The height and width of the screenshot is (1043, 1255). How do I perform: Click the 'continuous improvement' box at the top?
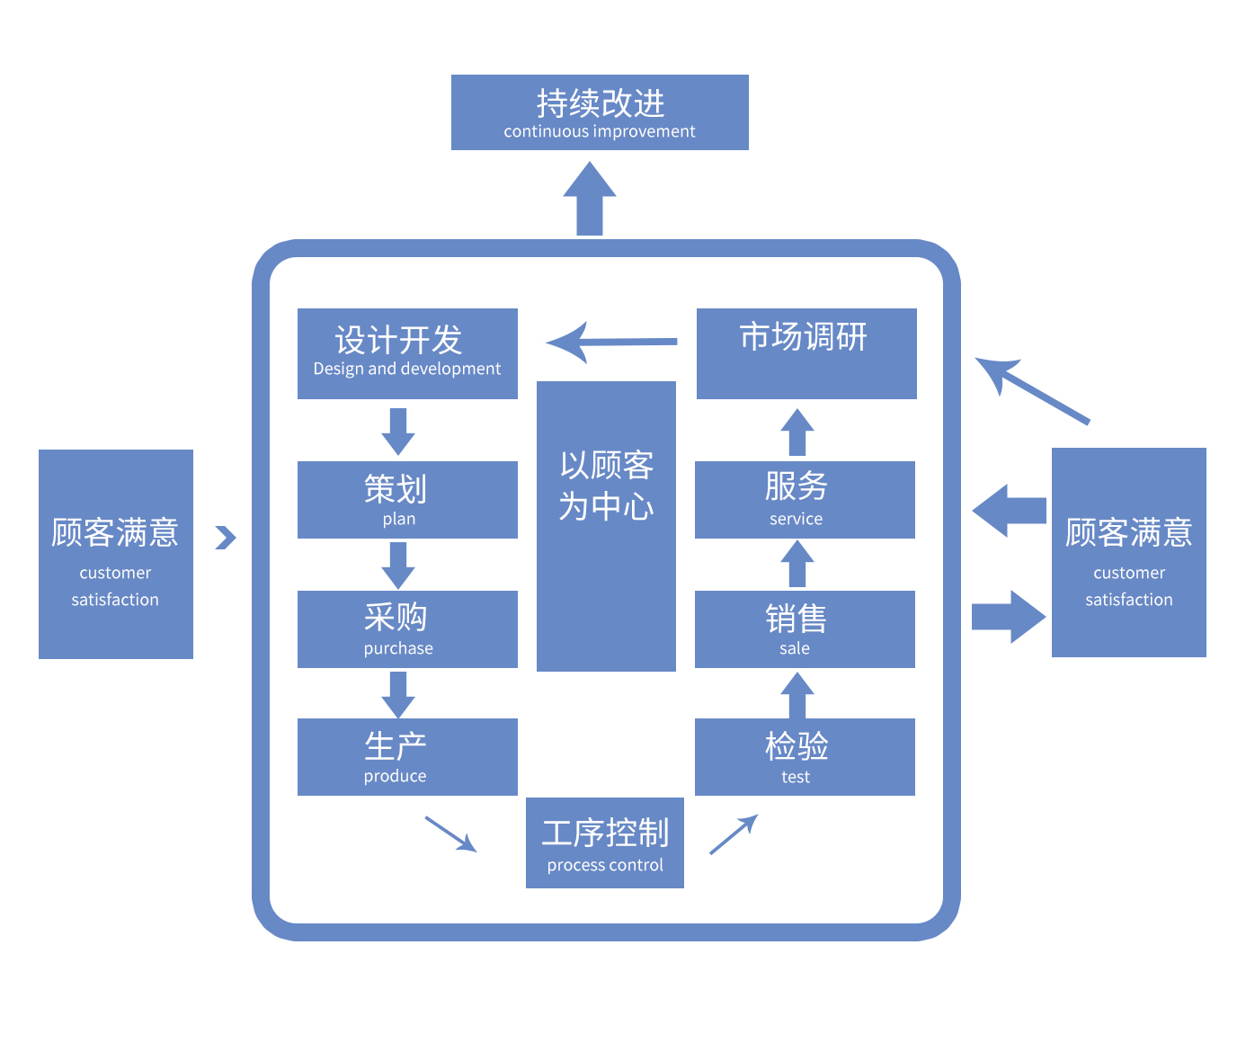[600, 112]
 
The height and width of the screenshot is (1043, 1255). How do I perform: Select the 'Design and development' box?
[407, 353]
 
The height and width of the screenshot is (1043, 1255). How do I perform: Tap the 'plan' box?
[407, 500]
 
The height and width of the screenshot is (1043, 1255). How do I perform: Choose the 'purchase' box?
[407, 629]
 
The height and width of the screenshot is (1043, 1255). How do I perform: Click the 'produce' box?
[407, 757]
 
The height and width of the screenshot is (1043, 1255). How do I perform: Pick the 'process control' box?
[605, 842]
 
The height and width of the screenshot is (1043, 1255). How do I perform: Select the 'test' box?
[805, 757]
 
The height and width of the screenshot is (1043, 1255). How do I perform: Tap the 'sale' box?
[805, 629]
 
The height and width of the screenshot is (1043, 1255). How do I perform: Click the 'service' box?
[805, 500]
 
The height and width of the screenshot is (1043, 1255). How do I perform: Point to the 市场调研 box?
[806, 353]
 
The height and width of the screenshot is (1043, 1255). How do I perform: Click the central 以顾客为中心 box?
[606, 526]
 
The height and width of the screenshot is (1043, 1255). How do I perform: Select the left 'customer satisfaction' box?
[116, 554]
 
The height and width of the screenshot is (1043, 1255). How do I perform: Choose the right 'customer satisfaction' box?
[1129, 552]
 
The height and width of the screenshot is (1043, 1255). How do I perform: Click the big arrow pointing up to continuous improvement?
[590, 201]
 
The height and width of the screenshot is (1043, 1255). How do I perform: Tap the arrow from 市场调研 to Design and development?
[611, 343]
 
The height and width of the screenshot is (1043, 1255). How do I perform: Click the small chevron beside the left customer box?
[226, 538]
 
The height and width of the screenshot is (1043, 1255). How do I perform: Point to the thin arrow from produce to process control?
[450, 834]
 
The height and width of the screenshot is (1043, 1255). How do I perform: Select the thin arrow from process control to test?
[734, 834]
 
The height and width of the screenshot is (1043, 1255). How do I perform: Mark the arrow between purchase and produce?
[398, 694]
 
